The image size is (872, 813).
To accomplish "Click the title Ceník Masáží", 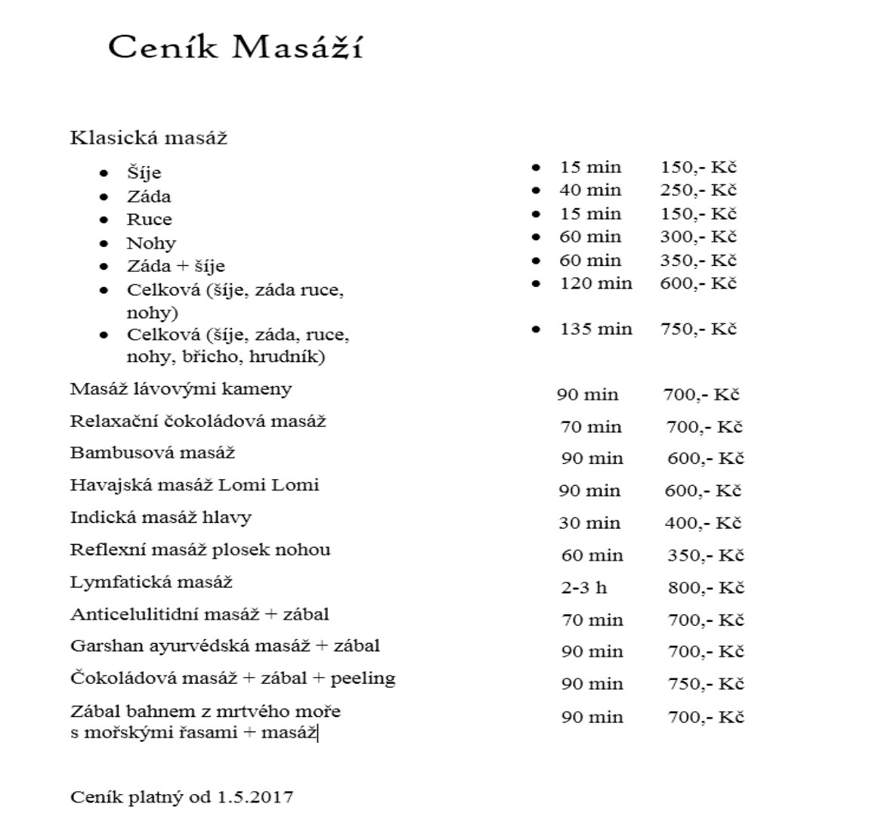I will pos(235,48).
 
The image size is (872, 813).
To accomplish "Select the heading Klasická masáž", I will pos(148,138).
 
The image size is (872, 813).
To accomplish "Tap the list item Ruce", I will pos(149,220).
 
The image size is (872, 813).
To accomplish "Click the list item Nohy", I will pos(151,243).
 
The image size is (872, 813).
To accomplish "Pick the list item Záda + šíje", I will pos(175,267).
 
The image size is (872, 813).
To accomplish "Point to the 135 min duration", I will pos(595,329).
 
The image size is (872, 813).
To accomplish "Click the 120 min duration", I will pos(595,283).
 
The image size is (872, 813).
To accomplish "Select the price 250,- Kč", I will pos(698,190).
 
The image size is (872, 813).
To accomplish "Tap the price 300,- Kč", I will pos(698,236).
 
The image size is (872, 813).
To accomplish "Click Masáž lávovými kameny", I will pos(181,390).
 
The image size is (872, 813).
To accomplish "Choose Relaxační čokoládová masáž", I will pos(198,422).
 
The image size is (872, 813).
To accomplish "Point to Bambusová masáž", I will pos(153,453).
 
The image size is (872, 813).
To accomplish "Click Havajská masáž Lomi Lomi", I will pos(194,485).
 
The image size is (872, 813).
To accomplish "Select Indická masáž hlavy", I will pos(161,518).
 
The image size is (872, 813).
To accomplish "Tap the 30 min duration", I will pos(589,523).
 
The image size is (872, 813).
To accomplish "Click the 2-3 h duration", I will pos(584,588).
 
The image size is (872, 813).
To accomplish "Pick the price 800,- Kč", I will pos(706,588).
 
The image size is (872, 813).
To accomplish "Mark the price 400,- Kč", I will pos(703,523).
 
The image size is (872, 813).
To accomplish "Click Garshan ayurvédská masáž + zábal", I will pos(224,647).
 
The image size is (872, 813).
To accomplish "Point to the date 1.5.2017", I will pos(255,797).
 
